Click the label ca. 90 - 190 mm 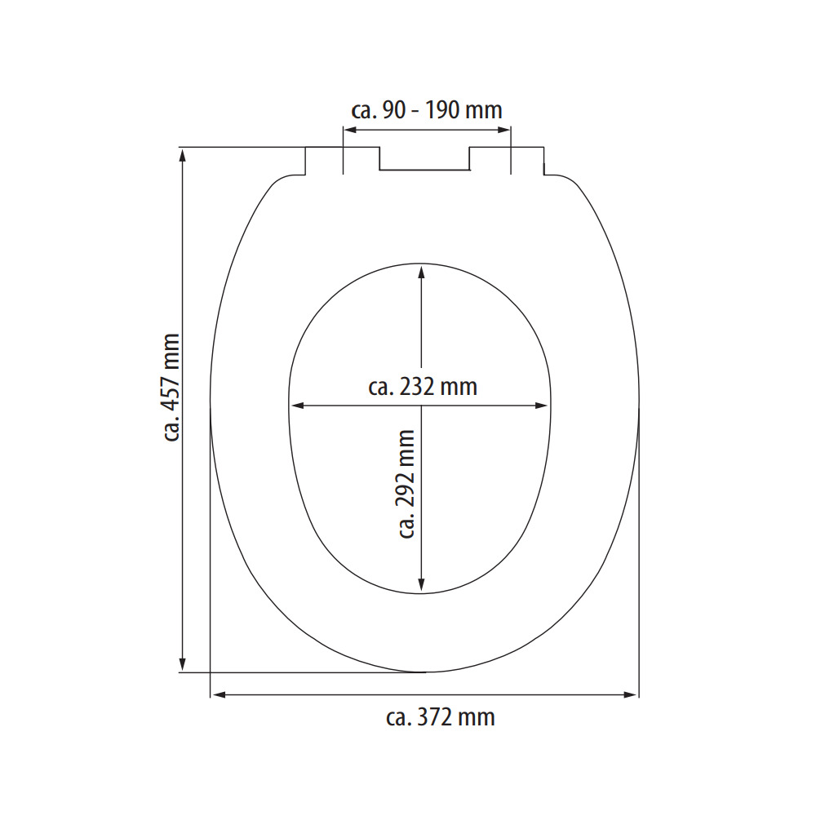pos(427,109)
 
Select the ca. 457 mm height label pos(171,387)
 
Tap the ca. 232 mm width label pos(422,386)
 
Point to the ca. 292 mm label pos(406,485)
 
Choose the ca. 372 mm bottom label pos(440,717)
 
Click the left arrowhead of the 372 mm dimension pos(217,695)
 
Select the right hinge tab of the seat pos(507,159)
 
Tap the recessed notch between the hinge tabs pos(424,163)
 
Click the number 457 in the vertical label pos(171,378)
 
